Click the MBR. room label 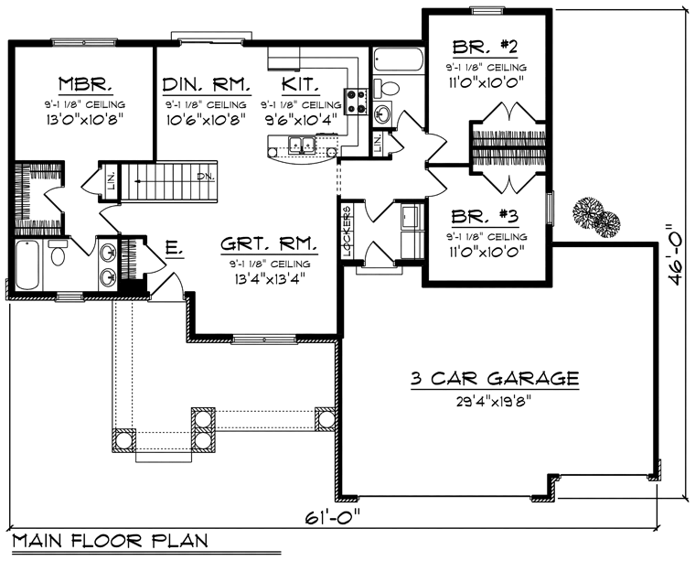tap(85, 84)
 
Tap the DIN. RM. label tap(207, 84)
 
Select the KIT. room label tap(301, 84)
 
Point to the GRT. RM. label tap(269, 244)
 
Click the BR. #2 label tap(485, 46)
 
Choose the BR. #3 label tap(485, 216)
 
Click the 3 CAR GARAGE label tap(495, 378)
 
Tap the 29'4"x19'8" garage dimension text tap(494, 402)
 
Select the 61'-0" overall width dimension tap(333, 517)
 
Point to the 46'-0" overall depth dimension tap(675, 254)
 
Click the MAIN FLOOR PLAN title tap(110, 541)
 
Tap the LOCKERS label tap(347, 232)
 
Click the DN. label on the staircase tap(206, 177)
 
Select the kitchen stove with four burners tap(357, 101)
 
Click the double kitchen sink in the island tap(302, 145)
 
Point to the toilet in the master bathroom tap(58, 253)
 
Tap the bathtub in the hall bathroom tap(398, 59)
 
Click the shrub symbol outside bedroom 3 tap(595, 218)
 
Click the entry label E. tap(174, 249)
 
